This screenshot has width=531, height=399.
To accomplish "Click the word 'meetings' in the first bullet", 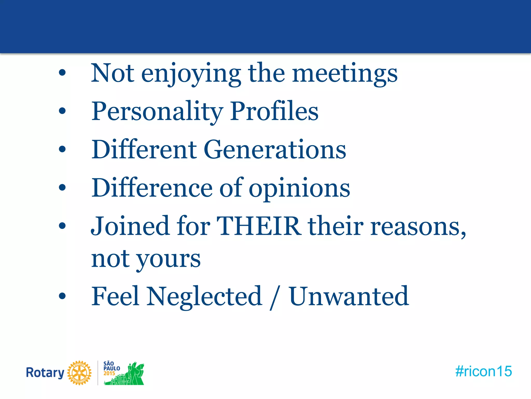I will pos(345,74).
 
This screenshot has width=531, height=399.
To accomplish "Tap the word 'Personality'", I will pos(157,112).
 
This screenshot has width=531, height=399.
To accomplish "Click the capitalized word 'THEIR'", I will pos(259,226).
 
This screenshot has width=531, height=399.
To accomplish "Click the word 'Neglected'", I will pos(205,296).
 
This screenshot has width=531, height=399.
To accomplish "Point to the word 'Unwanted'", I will pos(349,296).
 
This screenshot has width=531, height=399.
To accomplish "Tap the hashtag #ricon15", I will pos(484,371).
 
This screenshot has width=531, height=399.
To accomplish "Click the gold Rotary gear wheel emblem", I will pos(79,373).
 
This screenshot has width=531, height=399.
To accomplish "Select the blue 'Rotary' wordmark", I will pos(45,373).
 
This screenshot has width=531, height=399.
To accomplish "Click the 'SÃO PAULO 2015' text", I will pos(111,368).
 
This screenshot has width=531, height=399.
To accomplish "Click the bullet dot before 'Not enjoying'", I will pos(62,73).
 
